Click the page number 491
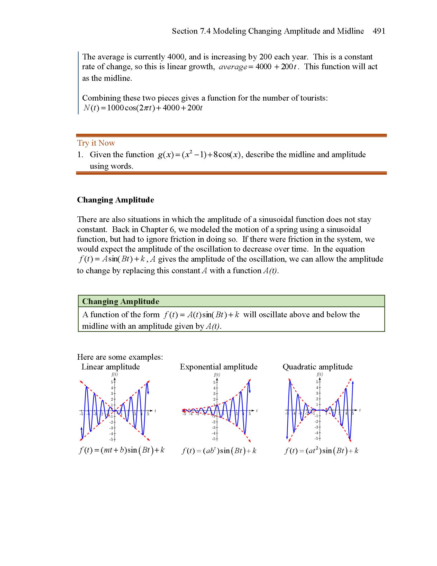379,31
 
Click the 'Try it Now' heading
96,143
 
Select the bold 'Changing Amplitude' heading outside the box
115,200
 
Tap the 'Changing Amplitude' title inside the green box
120,301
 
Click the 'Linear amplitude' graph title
111,367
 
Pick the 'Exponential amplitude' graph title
219,367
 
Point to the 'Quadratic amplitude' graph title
317,367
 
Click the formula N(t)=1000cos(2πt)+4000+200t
143,108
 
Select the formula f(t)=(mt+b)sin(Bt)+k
122,450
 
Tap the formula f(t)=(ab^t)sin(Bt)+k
219,451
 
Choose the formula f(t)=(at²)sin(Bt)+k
321,451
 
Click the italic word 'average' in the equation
233,67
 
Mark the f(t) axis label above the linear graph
114,374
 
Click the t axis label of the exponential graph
257,411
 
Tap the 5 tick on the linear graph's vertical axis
112,382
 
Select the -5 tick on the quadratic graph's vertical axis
316,438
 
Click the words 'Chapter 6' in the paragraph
158,229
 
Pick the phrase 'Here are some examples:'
120,357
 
